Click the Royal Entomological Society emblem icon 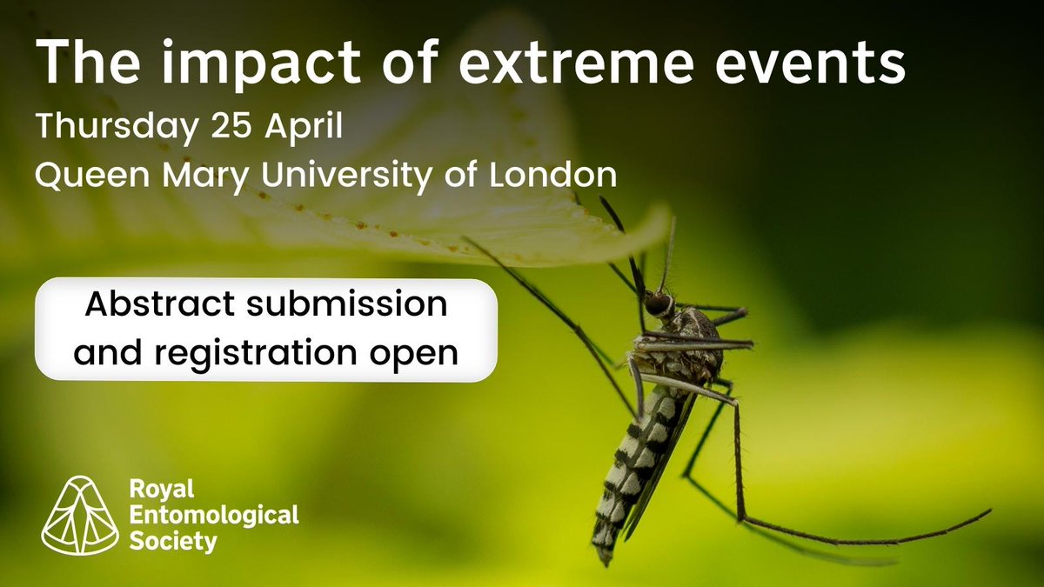pyautogui.click(x=82, y=517)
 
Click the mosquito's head pyautogui.click(x=659, y=303)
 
